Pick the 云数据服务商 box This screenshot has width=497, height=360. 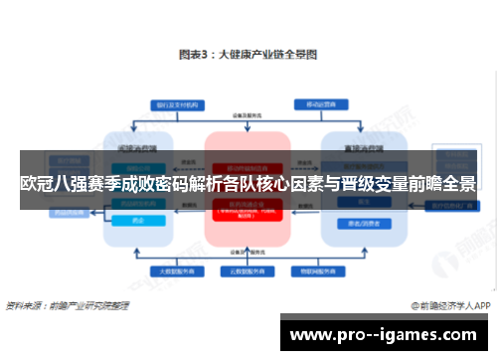[x=248, y=270]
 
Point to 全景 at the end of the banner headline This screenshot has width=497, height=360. [x=458, y=183]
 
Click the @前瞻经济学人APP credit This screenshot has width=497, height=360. [x=451, y=305]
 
